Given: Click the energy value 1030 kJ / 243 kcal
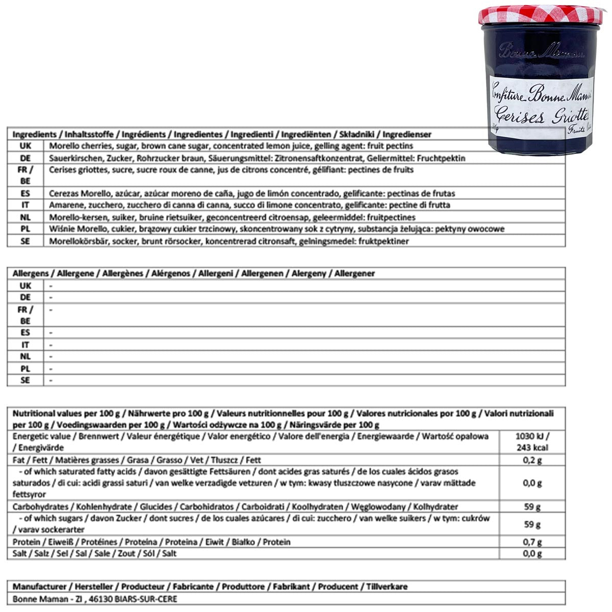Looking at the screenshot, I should point(532,442).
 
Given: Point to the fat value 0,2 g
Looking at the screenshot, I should point(532,460).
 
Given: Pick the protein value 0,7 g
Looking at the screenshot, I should point(532,542).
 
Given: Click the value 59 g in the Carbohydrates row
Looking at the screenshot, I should point(532,507).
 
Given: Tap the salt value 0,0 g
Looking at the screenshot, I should point(532,554).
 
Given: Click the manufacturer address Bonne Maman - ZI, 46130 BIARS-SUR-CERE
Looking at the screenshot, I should point(95,599).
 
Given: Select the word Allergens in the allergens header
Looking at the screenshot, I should point(31,273).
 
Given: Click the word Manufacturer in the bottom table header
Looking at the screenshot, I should point(39,586).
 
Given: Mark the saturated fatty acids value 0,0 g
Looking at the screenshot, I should point(532,483).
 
